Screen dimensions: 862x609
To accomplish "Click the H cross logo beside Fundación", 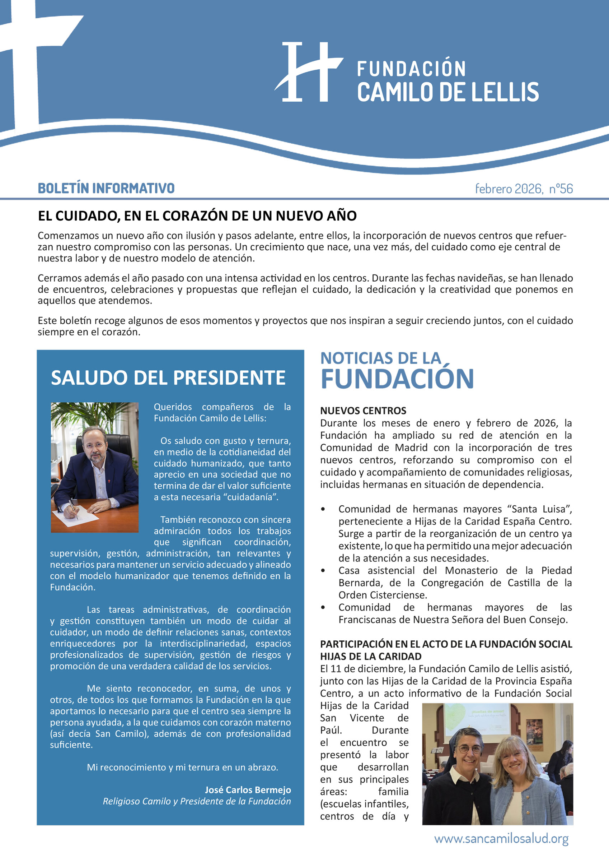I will coord(309,72).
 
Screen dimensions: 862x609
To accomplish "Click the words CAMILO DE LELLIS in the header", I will coord(448,92).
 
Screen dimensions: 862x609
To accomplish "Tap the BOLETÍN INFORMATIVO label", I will coord(106,188).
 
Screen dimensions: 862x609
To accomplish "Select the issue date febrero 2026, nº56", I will coord(524,189).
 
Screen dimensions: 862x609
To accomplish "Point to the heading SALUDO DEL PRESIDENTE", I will coord(168,378).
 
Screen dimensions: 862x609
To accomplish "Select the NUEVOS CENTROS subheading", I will coord(363,411).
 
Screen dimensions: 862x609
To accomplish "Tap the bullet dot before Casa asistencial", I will coord(323,571).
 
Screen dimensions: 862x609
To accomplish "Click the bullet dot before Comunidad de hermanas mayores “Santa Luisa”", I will coord(323,509).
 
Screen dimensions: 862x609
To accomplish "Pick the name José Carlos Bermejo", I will coord(248,790).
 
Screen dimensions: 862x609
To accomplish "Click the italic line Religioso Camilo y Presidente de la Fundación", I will coord(197,801).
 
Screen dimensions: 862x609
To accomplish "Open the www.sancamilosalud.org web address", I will coord(501,839).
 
